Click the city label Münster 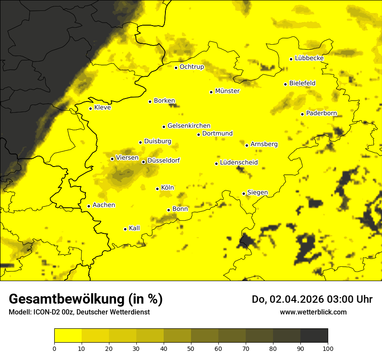(227, 91)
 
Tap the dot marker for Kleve (90, 108)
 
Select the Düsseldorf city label (163, 160)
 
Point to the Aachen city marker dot (89, 206)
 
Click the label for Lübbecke (309, 58)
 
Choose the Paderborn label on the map (321, 113)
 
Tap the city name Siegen (257, 192)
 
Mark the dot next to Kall (125, 229)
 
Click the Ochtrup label (191, 67)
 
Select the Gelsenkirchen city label (189, 126)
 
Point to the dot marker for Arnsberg (247, 145)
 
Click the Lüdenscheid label (239, 163)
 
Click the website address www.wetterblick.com (313, 312)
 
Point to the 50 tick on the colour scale (191, 348)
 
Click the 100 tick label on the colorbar (328, 348)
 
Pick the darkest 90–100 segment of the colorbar (314, 336)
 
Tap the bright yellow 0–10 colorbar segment (68, 336)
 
